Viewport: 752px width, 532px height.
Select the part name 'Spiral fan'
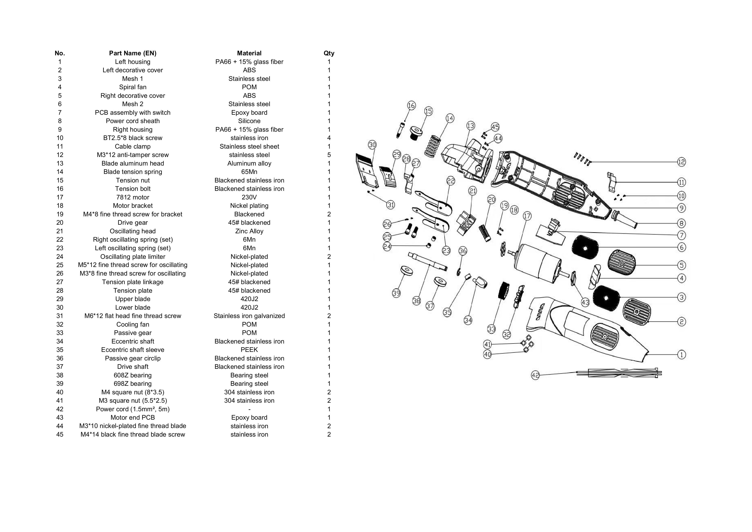(x=133, y=87)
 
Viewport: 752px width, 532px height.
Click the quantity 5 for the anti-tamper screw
(x=329, y=155)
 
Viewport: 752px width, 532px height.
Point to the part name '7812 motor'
(x=133, y=197)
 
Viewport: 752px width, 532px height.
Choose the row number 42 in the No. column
(x=60, y=409)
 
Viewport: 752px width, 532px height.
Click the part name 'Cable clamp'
(x=133, y=146)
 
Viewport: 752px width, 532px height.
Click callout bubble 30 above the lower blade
(x=372, y=145)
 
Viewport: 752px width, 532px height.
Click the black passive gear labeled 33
(x=503, y=290)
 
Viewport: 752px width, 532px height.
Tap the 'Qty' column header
(x=329, y=53)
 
